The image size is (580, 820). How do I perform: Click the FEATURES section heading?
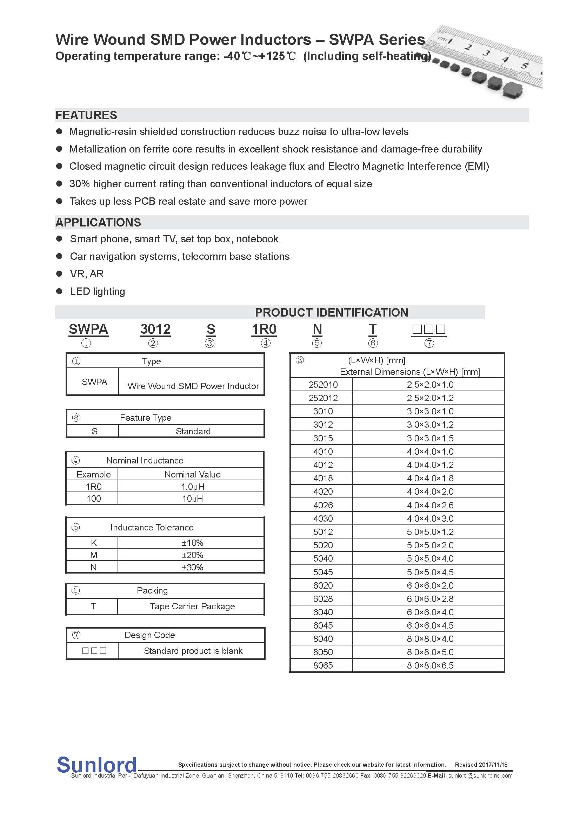[x=86, y=115]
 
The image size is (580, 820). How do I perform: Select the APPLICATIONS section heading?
[x=98, y=222]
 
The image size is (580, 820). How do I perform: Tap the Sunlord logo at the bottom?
[x=96, y=765]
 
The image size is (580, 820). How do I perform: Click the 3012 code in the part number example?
[x=155, y=329]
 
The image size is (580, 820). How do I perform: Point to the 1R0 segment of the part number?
[x=264, y=329]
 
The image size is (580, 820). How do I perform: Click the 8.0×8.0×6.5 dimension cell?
[x=430, y=665]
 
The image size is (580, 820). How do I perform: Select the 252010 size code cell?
[x=323, y=385]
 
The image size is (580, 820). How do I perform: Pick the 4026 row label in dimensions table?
[x=323, y=505]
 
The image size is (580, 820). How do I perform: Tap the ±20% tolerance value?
[x=192, y=555]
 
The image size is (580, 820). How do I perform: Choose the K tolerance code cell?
[x=94, y=543]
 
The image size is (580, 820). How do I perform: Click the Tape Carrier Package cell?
[x=192, y=606]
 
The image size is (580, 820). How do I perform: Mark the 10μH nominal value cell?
[x=192, y=499]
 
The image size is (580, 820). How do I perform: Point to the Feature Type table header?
[x=146, y=418]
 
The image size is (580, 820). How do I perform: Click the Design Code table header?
[x=150, y=635]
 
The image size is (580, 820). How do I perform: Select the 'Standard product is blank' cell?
[x=193, y=651]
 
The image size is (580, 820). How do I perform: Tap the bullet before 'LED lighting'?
[x=59, y=291]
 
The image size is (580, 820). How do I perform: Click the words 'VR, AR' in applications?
[x=87, y=273]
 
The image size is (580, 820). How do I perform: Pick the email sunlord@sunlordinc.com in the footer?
[x=480, y=775]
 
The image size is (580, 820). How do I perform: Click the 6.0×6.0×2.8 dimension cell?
[x=430, y=598]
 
